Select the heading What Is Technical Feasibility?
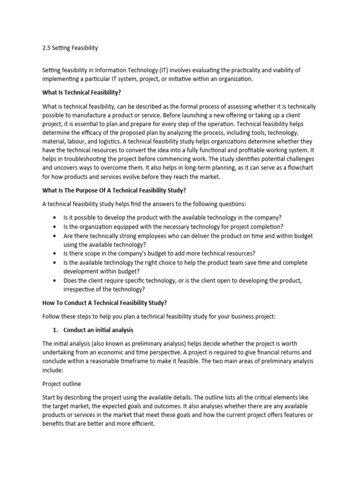click(82, 93)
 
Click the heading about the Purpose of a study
click(114, 190)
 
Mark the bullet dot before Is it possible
click(55, 218)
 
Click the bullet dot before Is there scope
click(55, 254)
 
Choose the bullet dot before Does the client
click(55, 280)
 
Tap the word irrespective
click(80, 289)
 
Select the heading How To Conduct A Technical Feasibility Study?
click(105, 303)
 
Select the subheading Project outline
click(61, 384)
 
